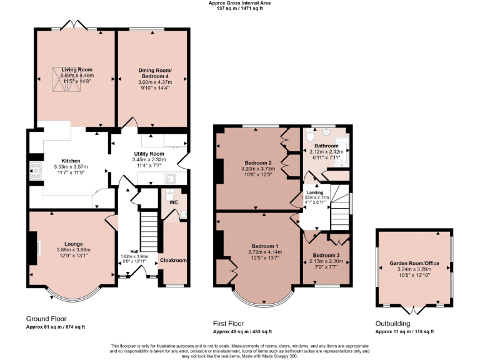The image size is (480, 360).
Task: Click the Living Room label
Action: [76, 69]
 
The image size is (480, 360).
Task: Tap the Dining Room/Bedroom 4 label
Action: [154, 73]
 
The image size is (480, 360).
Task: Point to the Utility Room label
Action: [149, 154]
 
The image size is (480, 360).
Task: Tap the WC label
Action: [174, 202]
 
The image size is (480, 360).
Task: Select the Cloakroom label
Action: [173, 260]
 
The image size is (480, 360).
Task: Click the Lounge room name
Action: [73, 244]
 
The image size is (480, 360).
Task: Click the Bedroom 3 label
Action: [326, 256]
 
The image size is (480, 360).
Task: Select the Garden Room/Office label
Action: [414, 264]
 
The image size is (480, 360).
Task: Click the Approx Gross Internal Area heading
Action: [240, 2]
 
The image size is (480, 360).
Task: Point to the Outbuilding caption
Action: [392, 324]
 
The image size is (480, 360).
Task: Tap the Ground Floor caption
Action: [46, 319]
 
